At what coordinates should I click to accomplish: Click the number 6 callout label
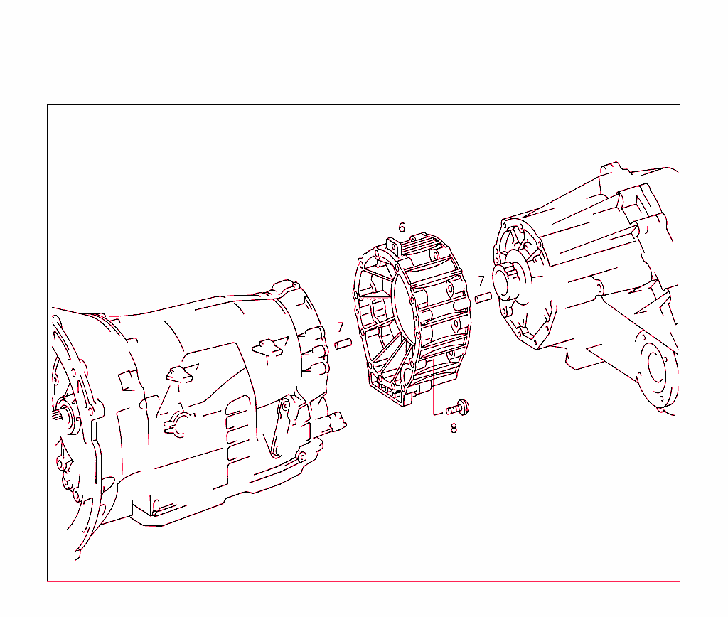click(x=402, y=227)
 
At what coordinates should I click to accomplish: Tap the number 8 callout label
click(x=454, y=428)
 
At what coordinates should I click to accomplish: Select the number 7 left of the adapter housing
click(x=341, y=328)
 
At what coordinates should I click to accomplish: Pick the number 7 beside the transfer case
click(x=481, y=281)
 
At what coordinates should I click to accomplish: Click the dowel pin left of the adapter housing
click(x=344, y=345)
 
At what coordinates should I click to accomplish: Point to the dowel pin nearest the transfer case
click(x=483, y=297)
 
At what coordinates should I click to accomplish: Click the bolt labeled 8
click(x=457, y=408)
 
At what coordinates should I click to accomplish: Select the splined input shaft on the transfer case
click(x=510, y=281)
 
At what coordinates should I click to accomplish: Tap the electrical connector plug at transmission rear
click(x=336, y=421)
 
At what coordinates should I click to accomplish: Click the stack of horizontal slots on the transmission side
click(x=238, y=434)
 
